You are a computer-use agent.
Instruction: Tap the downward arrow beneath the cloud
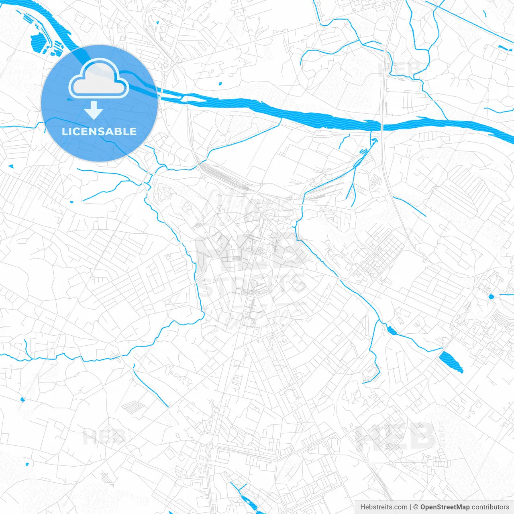94,110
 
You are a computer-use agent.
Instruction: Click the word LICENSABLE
99,131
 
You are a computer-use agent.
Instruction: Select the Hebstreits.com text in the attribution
383,507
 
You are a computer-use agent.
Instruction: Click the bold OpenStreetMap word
445,507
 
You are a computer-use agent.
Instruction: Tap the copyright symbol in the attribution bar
416,507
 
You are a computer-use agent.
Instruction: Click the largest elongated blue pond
451,361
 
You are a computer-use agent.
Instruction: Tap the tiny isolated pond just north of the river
220,84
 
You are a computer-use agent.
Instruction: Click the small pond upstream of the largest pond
392,330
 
